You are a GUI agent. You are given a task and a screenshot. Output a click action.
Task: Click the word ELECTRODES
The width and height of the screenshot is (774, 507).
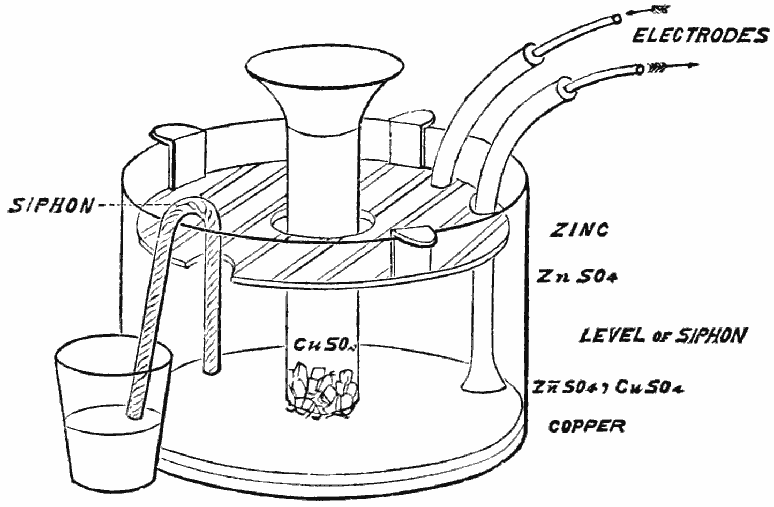coord(701,36)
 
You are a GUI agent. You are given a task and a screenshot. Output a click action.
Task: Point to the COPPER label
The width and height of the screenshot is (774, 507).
coord(587,426)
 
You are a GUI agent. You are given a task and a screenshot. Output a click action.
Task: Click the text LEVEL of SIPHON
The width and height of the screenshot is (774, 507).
coord(663,336)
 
